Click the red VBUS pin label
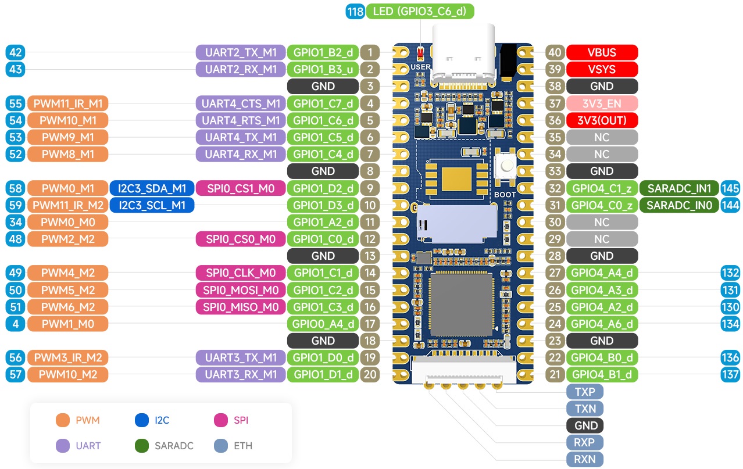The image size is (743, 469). click(x=602, y=52)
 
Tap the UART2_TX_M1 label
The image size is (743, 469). click(x=241, y=52)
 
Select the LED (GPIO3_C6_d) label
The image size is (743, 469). click(x=420, y=12)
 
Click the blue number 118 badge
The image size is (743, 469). click(x=355, y=12)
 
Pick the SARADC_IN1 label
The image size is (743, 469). click(x=679, y=188)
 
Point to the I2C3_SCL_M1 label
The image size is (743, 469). click(x=152, y=205)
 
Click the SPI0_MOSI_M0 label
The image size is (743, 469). click(x=241, y=290)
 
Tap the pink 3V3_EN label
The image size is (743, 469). click(x=602, y=103)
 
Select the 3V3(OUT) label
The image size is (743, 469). click(x=602, y=120)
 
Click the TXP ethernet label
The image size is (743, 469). click(x=584, y=392)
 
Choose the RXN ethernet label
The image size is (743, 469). click(x=584, y=459)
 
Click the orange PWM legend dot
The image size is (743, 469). click(x=63, y=420)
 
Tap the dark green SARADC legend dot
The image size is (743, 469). click(x=142, y=445)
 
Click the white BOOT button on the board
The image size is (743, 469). click(x=505, y=166)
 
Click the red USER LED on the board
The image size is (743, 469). click(x=420, y=53)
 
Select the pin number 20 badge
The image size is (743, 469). click(x=370, y=374)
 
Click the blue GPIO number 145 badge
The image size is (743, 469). click(x=730, y=188)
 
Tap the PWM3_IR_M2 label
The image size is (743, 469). click(x=67, y=357)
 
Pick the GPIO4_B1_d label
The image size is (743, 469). click(x=602, y=374)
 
